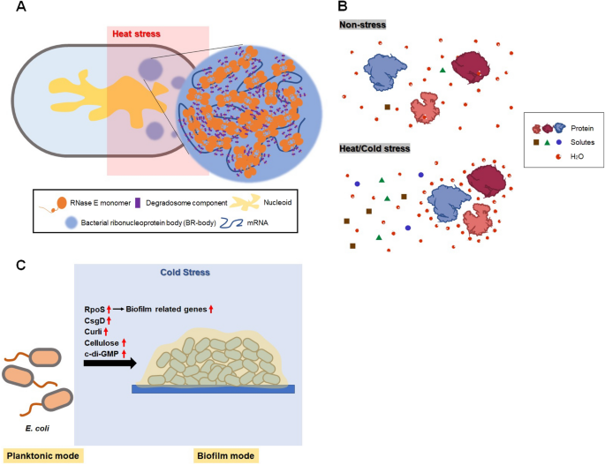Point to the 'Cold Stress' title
(x=184, y=274)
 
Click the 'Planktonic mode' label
(x=42, y=455)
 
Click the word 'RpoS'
(x=91, y=308)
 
